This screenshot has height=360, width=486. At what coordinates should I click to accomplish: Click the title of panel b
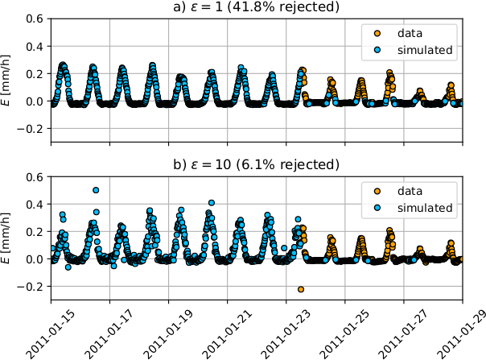pyautogui.click(x=257, y=166)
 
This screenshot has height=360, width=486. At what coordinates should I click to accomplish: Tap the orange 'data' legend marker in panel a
pyautogui.click(x=377, y=34)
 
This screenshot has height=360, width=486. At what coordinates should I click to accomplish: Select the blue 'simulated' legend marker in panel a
pyautogui.click(x=377, y=50)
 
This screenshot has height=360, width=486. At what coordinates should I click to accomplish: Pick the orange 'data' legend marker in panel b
pyautogui.click(x=377, y=192)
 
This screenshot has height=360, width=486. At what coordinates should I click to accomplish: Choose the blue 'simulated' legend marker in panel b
pyautogui.click(x=377, y=208)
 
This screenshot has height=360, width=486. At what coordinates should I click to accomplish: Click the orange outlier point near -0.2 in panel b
pyautogui.click(x=301, y=289)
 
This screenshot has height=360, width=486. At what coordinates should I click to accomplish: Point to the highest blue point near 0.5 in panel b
pyautogui.click(x=96, y=190)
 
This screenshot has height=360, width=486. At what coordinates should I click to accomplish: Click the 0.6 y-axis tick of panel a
pyautogui.click(x=34, y=19)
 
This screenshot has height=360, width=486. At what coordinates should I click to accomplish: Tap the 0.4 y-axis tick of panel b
pyautogui.click(x=34, y=205)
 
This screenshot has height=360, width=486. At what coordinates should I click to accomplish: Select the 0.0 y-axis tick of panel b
pyautogui.click(x=34, y=259)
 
